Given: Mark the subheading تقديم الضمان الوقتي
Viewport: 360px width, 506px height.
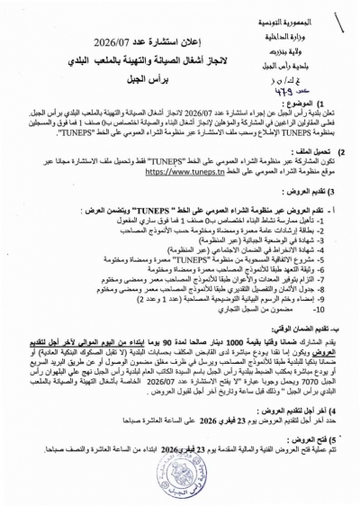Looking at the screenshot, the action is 297,366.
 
